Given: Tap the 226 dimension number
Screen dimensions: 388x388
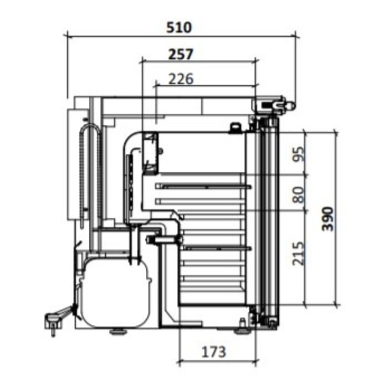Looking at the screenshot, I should [181, 79].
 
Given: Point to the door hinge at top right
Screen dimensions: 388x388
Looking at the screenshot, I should [272, 104].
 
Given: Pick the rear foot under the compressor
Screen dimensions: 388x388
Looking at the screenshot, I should [117, 331].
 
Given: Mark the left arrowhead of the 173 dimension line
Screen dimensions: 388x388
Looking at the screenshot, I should [180, 363].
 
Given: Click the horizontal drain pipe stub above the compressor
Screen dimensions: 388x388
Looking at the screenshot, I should [164, 239].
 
